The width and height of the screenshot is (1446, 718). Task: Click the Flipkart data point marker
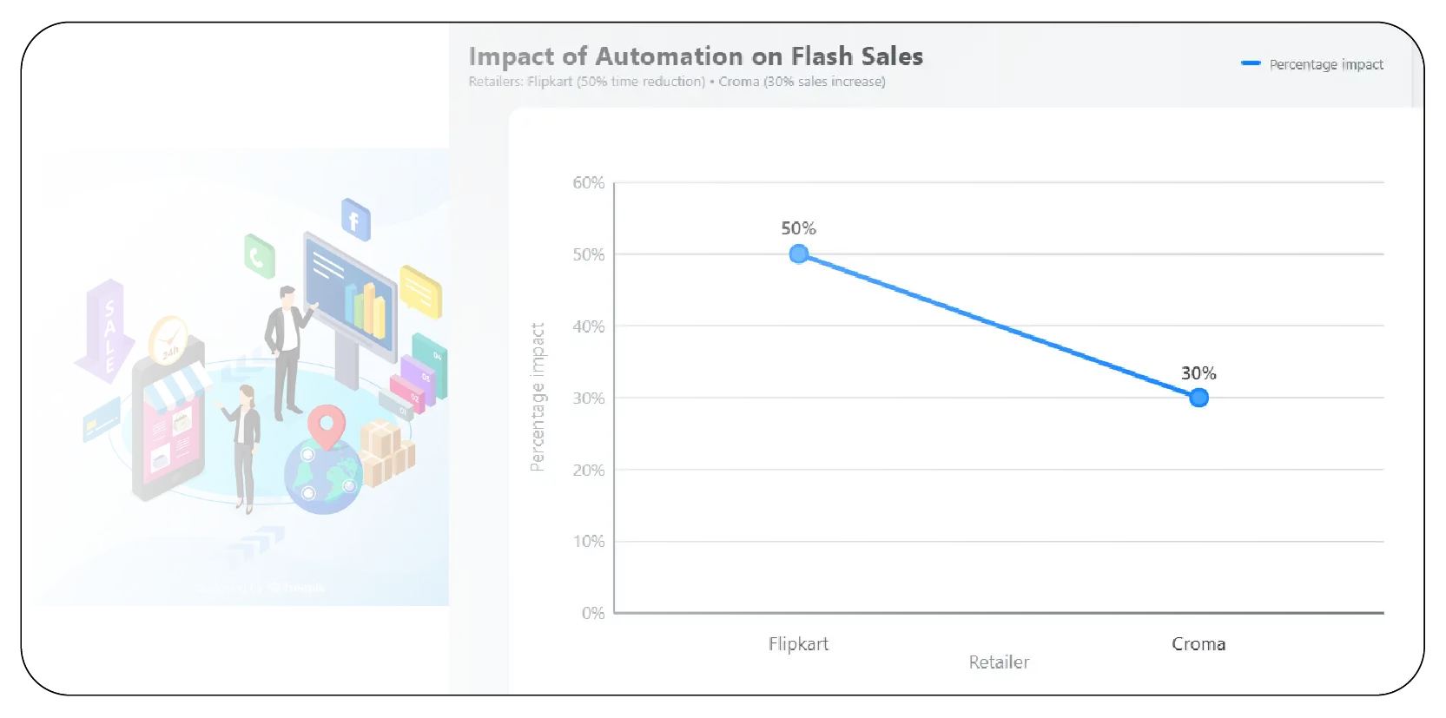point(799,254)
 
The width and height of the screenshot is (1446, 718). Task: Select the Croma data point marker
point(1198,398)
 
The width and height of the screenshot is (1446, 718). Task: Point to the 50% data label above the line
point(798,228)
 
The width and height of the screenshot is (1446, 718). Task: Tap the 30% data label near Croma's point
point(1198,373)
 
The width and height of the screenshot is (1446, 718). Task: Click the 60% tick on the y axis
point(588,182)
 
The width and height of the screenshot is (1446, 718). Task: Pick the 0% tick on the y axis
point(593,613)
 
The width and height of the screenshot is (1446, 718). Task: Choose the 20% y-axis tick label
point(588,470)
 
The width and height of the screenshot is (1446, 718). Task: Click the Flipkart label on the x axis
point(798,643)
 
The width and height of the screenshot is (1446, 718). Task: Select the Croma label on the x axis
point(1198,643)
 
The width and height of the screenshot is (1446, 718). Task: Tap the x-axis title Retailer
point(999,662)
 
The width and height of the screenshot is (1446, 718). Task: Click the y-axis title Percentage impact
point(538,397)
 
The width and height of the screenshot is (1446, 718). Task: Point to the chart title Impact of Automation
point(695,56)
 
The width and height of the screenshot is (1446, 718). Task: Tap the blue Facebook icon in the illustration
point(355,220)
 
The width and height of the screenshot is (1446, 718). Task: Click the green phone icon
point(259,256)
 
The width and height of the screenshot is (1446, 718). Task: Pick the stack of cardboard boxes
point(386,451)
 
